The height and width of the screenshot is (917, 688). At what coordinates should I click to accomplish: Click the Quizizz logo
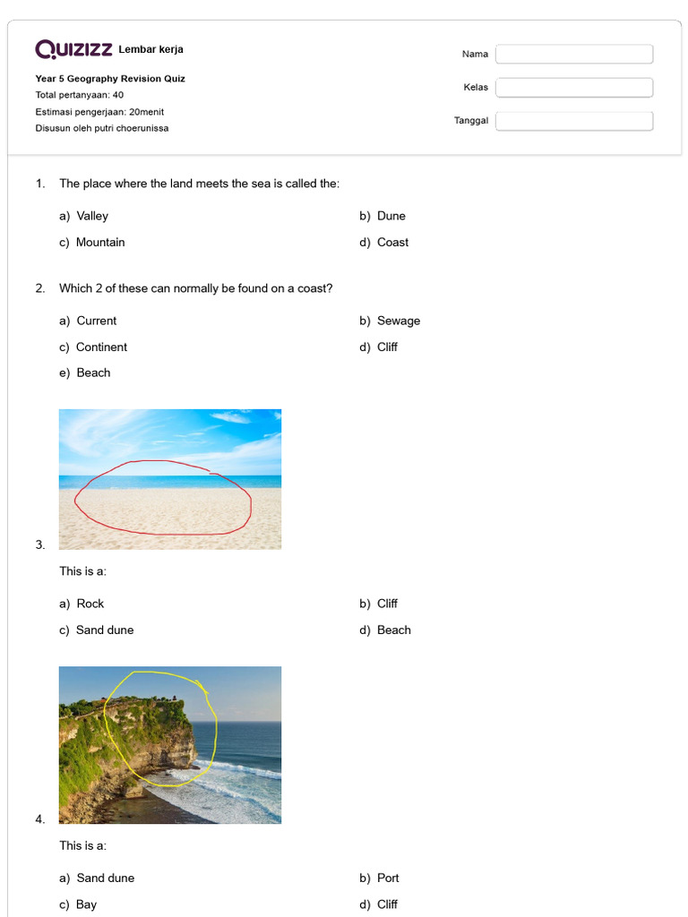tap(73, 49)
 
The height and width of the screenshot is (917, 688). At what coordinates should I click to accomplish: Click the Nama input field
tap(574, 55)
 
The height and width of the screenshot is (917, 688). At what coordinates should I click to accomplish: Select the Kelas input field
tap(574, 88)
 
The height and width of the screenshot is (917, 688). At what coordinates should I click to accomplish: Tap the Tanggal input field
tap(574, 121)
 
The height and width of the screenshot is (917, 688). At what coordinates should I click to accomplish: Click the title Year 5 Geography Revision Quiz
tap(110, 79)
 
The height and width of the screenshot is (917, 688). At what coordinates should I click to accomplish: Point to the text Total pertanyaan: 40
tap(80, 95)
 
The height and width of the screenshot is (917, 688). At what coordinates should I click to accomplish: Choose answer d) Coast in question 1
tap(391, 243)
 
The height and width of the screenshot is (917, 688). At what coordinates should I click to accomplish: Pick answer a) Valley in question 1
tap(91, 216)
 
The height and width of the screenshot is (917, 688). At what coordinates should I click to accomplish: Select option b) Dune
tap(391, 216)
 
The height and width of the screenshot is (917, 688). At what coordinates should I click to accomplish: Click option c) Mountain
tap(99, 243)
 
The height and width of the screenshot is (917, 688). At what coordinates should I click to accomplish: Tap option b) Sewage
tap(398, 321)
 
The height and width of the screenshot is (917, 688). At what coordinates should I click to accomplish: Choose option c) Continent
tap(101, 347)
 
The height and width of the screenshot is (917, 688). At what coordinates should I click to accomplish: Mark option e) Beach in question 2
tap(93, 373)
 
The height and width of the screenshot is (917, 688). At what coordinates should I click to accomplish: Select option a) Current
tap(96, 321)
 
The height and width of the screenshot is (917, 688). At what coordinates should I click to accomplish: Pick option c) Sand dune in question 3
tap(104, 630)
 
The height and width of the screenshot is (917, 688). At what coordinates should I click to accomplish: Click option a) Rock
tap(90, 604)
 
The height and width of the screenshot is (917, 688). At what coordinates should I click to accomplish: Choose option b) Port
tap(388, 878)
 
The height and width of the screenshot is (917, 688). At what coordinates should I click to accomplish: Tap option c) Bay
tap(86, 904)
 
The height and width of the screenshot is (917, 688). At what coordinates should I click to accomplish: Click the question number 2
tap(40, 288)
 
